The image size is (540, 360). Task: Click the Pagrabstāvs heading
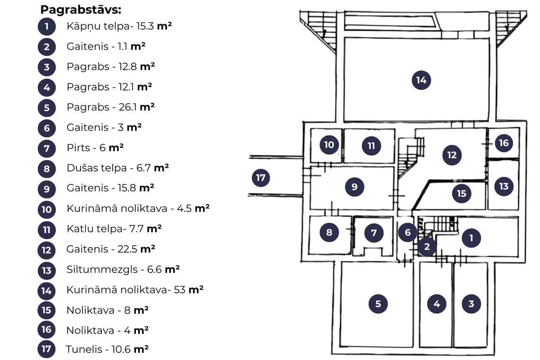pyautogui.click(x=81, y=9)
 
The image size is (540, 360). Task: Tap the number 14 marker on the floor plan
pyautogui.click(x=421, y=80)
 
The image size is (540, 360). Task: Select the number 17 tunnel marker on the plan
pyautogui.click(x=261, y=178)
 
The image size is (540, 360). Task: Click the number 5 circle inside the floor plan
pyautogui.click(x=378, y=304)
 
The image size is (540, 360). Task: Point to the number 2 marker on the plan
pyautogui.click(x=427, y=247)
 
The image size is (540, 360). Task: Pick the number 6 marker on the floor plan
pyautogui.click(x=408, y=232)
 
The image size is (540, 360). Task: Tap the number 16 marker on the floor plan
pyautogui.click(x=504, y=143)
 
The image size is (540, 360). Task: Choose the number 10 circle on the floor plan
pyautogui.click(x=329, y=144)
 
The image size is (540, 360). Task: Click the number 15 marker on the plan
pyautogui.click(x=461, y=194)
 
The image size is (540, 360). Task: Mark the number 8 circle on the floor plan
pyautogui.click(x=329, y=232)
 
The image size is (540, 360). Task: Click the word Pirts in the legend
pyautogui.click(x=78, y=148)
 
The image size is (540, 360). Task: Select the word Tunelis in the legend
pyautogui.click(x=84, y=349)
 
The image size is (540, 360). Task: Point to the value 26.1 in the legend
pyautogui.click(x=128, y=107)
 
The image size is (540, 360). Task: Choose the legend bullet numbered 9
pyautogui.click(x=46, y=189)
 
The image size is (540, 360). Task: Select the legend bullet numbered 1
pyautogui.click(x=46, y=27)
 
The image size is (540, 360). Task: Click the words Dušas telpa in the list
pyautogui.click(x=97, y=168)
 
